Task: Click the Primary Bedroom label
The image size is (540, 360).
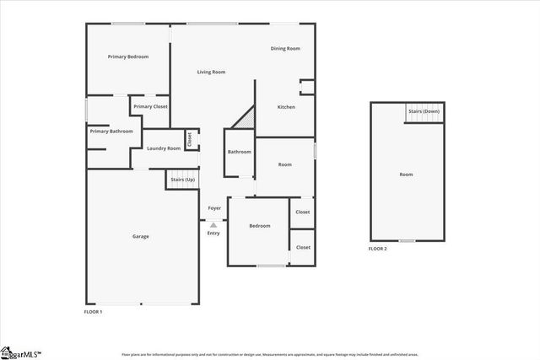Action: click(x=128, y=56)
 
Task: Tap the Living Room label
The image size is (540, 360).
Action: click(x=211, y=73)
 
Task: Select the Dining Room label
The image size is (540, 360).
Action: click(x=285, y=49)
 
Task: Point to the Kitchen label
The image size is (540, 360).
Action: click(x=287, y=107)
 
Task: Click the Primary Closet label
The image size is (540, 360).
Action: click(x=150, y=106)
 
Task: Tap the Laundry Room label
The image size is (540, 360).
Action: click(x=163, y=148)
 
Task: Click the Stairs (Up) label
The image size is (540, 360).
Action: click(x=182, y=180)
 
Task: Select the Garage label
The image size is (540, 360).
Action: click(x=140, y=236)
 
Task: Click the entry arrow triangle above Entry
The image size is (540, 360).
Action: click(x=213, y=225)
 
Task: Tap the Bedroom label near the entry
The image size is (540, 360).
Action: click(x=259, y=226)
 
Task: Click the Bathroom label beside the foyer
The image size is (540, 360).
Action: click(x=240, y=152)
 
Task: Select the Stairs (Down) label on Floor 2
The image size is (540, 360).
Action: click(x=424, y=111)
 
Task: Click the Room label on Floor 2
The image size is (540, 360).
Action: click(x=406, y=175)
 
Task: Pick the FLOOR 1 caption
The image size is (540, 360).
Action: click(x=93, y=312)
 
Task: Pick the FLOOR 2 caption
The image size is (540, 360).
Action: click(x=377, y=249)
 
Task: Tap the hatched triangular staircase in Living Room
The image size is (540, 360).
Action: click(x=244, y=119)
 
